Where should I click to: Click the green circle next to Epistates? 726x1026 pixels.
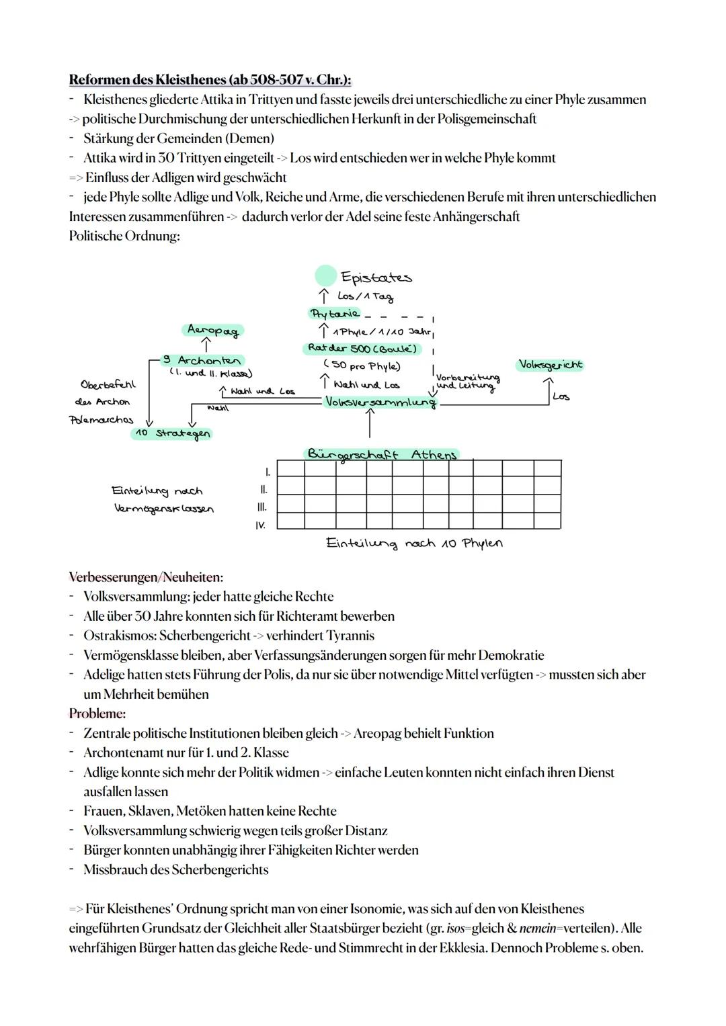point(325,275)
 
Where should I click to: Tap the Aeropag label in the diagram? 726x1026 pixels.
point(212,330)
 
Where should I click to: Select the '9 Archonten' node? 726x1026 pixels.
point(202,361)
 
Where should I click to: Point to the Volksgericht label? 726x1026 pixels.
point(551,365)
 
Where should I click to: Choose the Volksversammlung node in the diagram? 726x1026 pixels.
point(380,402)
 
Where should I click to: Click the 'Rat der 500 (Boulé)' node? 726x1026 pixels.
point(362,349)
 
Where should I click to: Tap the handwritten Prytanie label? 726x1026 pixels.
point(334,314)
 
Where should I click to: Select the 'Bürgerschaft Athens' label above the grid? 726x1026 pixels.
point(382,454)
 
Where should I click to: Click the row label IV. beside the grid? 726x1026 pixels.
point(260,525)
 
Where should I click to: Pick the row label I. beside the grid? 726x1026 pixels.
point(268,472)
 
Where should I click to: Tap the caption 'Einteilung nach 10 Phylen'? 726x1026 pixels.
point(414,543)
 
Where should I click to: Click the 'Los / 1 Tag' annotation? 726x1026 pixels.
point(365,296)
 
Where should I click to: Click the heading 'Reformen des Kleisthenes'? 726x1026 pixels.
point(210,80)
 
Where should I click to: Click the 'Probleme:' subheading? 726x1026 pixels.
point(97,714)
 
